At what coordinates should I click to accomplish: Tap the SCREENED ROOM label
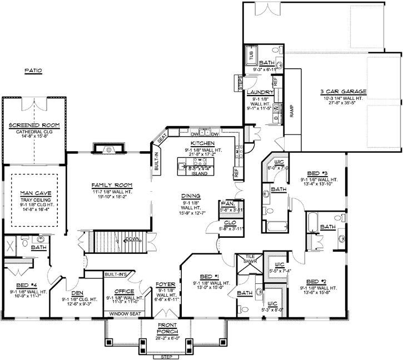[35, 126]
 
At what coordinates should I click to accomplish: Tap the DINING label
[191, 196]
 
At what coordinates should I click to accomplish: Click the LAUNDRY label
[260, 92]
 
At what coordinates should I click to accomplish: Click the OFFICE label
[123, 290]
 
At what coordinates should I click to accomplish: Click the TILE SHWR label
[246, 259]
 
